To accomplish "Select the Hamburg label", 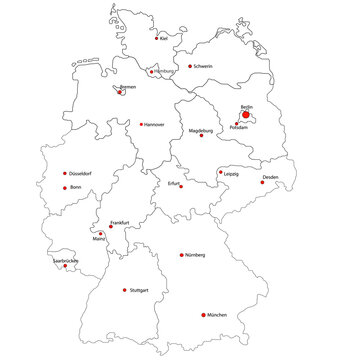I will point(162,71).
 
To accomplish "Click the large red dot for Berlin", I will point(246,114).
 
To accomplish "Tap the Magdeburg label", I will point(200,130).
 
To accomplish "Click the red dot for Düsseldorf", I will point(66,172).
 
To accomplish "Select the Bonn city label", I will point(74,187).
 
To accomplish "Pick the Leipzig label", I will point(231,173).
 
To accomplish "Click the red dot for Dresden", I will point(263,182).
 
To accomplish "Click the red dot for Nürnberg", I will point(181,255).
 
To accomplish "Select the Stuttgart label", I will point(139,290).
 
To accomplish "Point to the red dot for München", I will point(203,314).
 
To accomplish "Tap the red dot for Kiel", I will point(157,40).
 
